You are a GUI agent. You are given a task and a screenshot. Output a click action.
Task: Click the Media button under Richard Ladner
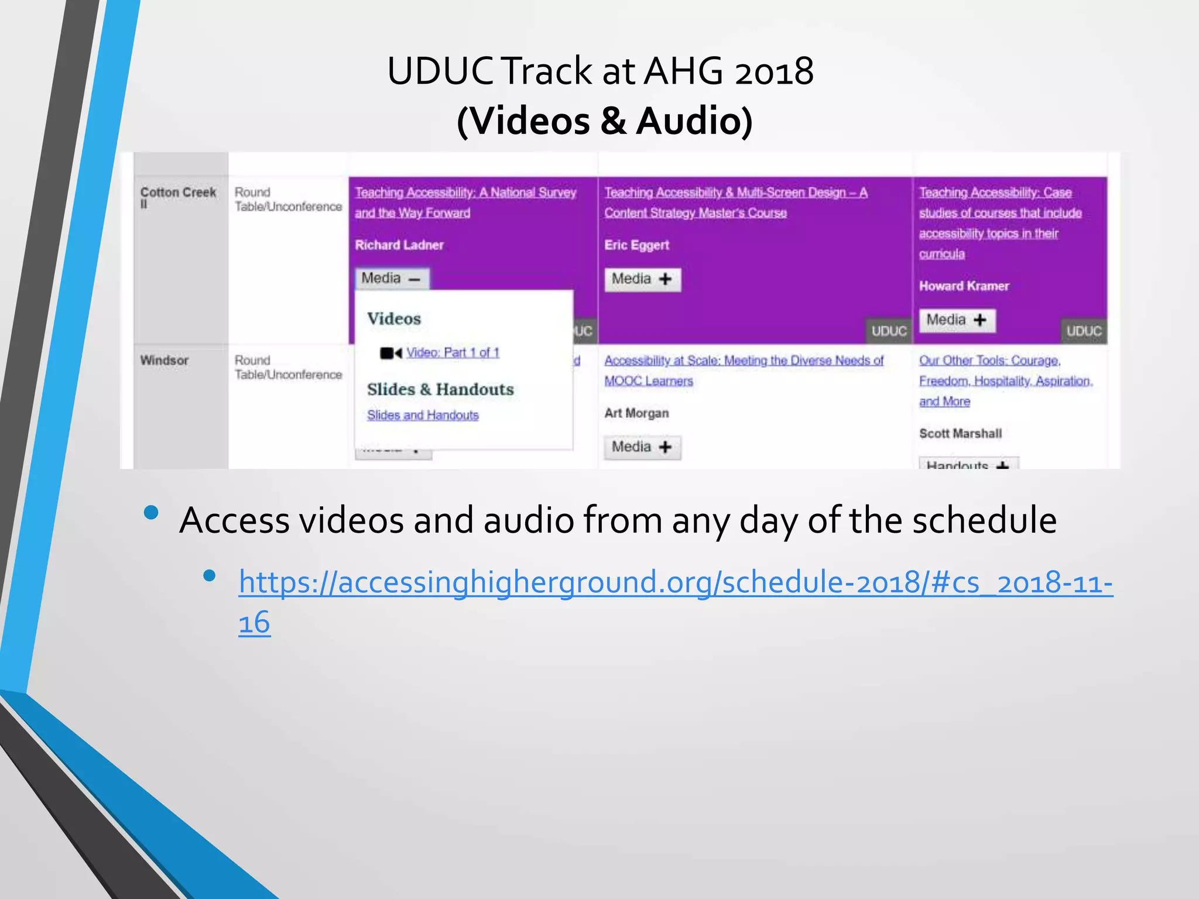point(391,279)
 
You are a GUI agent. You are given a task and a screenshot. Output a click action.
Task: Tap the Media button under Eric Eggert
point(642,279)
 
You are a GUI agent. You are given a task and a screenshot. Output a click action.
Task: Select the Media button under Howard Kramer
point(957,320)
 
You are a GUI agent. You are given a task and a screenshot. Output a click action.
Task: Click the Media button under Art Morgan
point(642,447)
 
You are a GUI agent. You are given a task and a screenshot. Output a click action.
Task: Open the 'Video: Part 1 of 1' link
point(453,352)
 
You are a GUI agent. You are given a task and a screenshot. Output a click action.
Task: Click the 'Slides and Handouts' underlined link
point(423,415)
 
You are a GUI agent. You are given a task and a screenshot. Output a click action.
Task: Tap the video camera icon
point(390,353)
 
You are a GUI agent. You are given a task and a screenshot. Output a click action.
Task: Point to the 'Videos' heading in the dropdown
point(394,319)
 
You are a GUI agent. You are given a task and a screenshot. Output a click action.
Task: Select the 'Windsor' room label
point(165,361)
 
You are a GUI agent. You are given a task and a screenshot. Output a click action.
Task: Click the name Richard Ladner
point(399,245)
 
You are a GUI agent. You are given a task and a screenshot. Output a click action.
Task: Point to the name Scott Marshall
point(960,434)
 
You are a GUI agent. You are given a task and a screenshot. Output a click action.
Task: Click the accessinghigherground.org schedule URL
point(675,583)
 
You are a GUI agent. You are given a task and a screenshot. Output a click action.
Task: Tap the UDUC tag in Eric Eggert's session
point(889,331)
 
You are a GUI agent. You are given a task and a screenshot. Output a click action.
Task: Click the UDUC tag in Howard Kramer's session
point(1084,331)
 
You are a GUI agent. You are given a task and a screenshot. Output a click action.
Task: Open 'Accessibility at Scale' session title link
point(744,361)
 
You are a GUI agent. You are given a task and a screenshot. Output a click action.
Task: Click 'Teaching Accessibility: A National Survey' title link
point(465,193)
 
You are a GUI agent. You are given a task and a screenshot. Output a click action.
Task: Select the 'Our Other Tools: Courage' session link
point(989,361)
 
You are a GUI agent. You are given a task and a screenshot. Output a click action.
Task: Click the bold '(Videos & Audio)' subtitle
point(604,121)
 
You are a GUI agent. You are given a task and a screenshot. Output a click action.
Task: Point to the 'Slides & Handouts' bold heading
point(440,389)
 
